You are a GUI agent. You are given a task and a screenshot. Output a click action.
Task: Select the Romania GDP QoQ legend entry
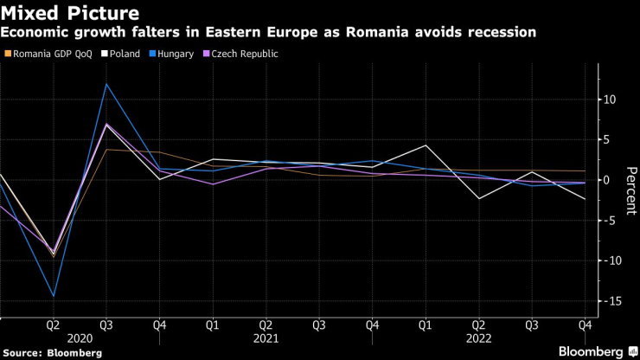(49, 54)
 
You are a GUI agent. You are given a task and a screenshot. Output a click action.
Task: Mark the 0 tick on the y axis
(608, 180)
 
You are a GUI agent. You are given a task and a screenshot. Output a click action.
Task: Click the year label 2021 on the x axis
(266, 339)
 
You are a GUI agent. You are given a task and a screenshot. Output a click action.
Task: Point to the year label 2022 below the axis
(477, 339)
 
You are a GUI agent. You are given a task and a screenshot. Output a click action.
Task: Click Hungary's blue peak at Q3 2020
(106, 84)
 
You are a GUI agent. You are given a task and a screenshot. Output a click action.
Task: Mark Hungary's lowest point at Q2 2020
(54, 296)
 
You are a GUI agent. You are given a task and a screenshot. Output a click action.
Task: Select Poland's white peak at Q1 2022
(425, 145)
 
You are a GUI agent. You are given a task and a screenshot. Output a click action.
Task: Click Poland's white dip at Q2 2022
(477, 199)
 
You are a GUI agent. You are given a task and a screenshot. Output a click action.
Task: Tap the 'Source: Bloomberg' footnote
(53, 353)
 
